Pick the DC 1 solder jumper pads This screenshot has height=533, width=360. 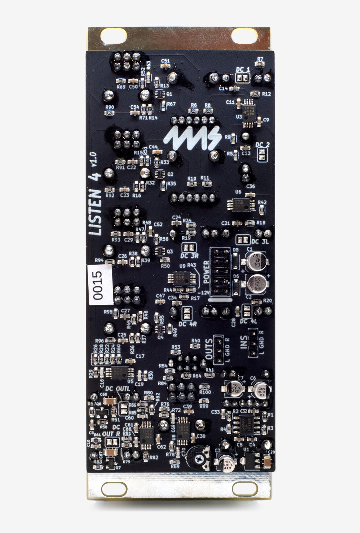(x=242, y=78)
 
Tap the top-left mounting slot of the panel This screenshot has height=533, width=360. (x=114, y=35)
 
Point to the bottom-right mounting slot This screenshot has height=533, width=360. (x=245, y=488)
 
